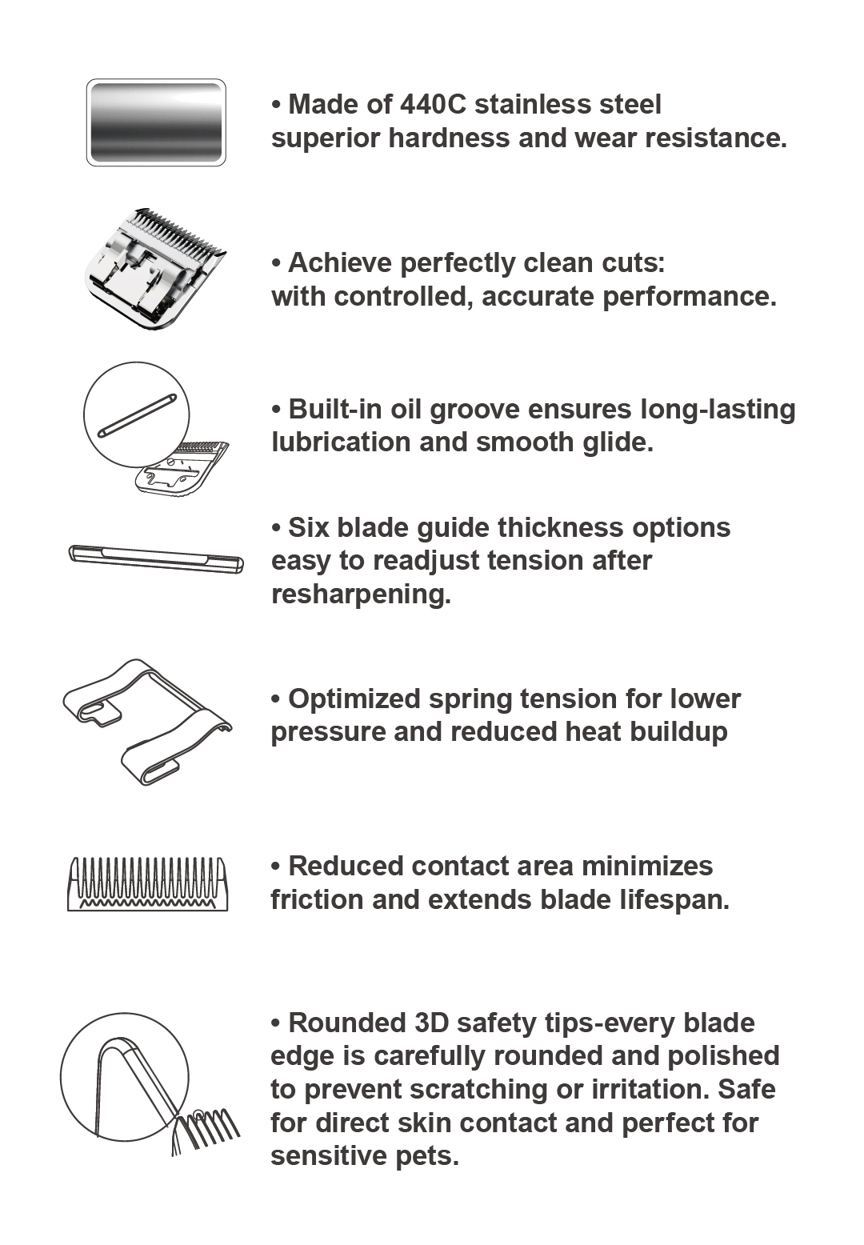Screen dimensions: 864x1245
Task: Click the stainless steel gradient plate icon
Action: point(156,122)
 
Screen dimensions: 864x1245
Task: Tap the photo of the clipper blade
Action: point(155,269)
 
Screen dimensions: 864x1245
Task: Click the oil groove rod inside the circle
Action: point(137,416)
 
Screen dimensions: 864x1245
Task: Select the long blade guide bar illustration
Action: point(156,559)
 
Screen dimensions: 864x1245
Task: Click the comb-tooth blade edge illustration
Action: point(148,883)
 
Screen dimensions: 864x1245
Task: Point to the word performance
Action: point(690,297)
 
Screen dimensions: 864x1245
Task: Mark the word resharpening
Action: point(361,594)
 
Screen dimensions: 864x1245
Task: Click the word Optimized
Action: point(354,699)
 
